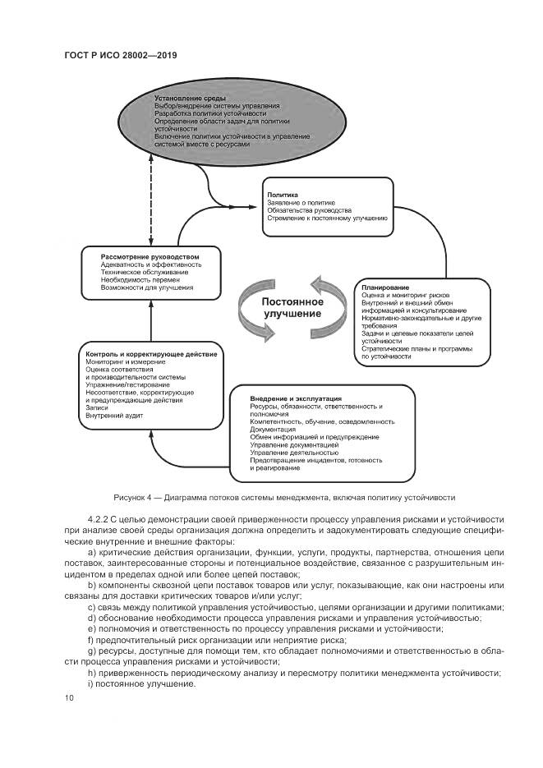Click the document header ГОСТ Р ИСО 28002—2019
[x=120, y=55]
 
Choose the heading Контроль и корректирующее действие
[x=151, y=353]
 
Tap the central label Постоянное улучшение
[x=293, y=308]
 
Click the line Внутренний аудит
[x=115, y=416]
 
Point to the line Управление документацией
[x=294, y=444]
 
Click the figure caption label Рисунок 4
[x=135, y=498]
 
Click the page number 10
[x=68, y=697]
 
